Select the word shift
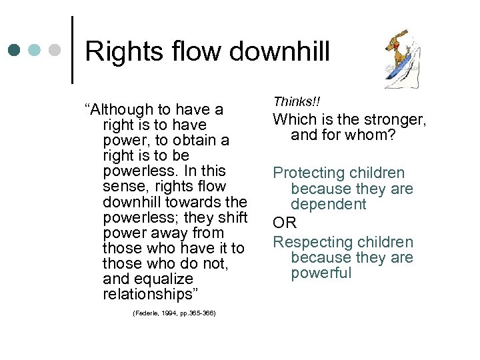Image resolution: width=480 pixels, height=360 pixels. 230,217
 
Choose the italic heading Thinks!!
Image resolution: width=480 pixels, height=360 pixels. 296,101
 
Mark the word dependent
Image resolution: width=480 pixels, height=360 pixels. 328,204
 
